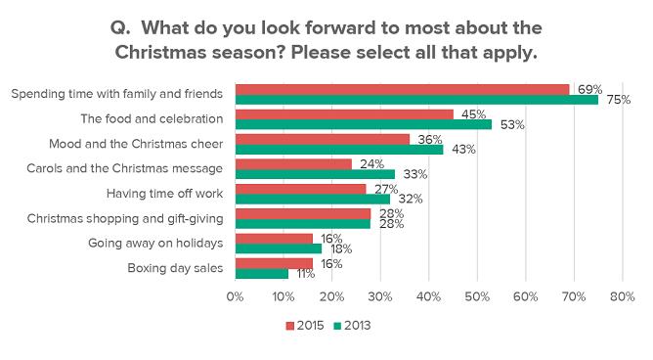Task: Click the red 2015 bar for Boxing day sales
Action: (x=274, y=263)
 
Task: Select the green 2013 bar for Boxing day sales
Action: (x=262, y=274)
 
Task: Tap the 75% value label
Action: (x=619, y=100)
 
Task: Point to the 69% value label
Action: (x=589, y=89)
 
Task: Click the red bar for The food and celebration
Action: (x=344, y=114)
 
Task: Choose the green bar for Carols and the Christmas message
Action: (x=315, y=174)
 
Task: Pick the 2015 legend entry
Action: (x=305, y=326)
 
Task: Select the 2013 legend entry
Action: (x=352, y=326)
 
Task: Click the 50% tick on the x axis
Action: (x=477, y=296)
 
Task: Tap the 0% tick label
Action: (x=236, y=296)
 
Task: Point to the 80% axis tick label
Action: (x=622, y=296)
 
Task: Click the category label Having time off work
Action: (x=164, y=194)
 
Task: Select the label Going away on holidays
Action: (x=155, y=243)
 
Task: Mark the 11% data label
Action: (x=306, y=274)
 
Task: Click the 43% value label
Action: (x=463, y=149)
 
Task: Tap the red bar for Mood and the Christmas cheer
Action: (x=323, y=139)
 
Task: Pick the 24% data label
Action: (x=371, y=163)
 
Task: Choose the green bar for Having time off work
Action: (x=313, y=199)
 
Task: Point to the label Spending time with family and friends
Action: (x=117, y=94)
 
